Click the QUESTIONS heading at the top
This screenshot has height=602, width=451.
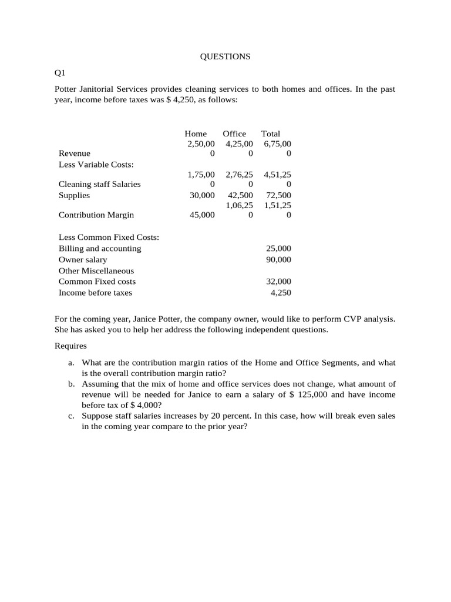[225, 56]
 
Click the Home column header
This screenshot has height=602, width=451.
[196, 133]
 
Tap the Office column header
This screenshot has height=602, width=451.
[234, 133]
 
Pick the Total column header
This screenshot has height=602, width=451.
[271, 133]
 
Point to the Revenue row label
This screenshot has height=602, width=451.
[75, 153]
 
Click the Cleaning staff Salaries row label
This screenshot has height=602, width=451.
[99, 184]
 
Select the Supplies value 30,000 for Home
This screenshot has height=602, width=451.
[202, 195]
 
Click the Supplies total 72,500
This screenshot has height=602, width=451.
[278, 195]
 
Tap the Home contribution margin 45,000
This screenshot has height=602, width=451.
[202, 215]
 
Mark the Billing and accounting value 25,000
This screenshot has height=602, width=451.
[278, 249]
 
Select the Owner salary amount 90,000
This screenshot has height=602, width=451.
[278, 260]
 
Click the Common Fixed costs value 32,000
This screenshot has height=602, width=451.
[278, 282]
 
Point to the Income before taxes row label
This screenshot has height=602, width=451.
[95, 293]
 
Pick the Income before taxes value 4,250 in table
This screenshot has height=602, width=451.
[281, 293]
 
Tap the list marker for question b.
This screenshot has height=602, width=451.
[71, 384]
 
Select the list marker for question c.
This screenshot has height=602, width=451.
[71, 416]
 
